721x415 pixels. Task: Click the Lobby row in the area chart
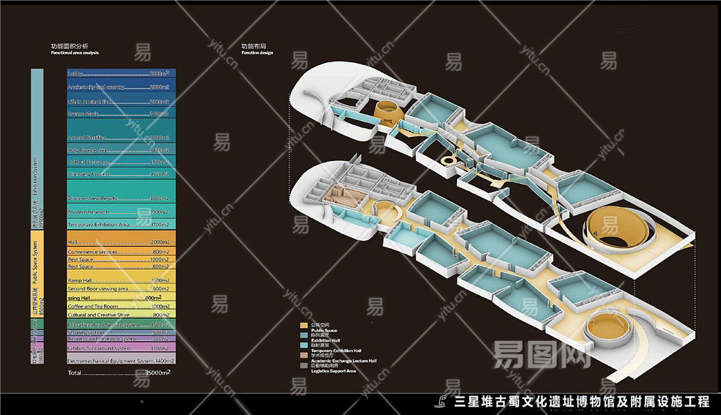(121, 73)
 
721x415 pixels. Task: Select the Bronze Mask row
(121, 113)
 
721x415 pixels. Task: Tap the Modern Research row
(121, 212)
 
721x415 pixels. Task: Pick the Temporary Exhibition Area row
(121, 225)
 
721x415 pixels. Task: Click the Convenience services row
(121, 252)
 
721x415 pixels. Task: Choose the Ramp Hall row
(121, 280)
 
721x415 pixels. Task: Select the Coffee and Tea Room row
(121, 306)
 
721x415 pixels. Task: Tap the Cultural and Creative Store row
(121, 315)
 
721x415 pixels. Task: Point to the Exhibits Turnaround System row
(121, 348)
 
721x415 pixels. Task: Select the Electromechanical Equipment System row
(121, 361)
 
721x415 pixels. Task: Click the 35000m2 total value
(157, 373)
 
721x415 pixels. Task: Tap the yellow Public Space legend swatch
(303, 325)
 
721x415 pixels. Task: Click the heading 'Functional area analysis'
(75, 53)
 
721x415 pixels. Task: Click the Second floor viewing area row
(121, 288)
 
